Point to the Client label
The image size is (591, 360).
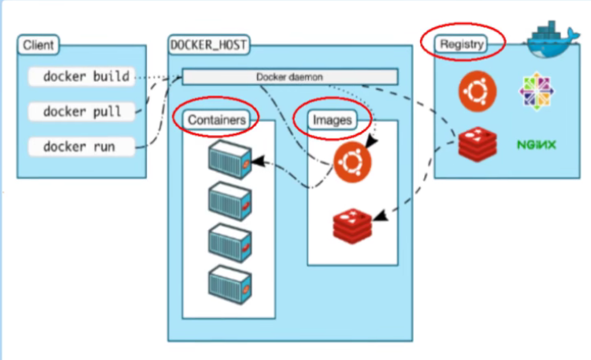click(x=39, y=46)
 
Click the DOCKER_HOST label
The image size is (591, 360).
click(x=205, y=44)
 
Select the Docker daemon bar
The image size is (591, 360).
click(x=289, y=76)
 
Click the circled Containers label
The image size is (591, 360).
click(x=216, y=120)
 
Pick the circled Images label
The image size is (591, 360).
click(x=332, y=120)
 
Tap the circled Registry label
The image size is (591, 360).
click(x=463, y=45)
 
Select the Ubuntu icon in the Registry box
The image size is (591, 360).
click(x=477, y=92)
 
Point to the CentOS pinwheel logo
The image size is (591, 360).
click(x=536, y=92)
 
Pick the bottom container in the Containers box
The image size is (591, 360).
click(x=229, y=282)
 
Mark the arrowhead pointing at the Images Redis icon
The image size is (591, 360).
click(x=380, y=216)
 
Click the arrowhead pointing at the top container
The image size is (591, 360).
click(x=256, y=162)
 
